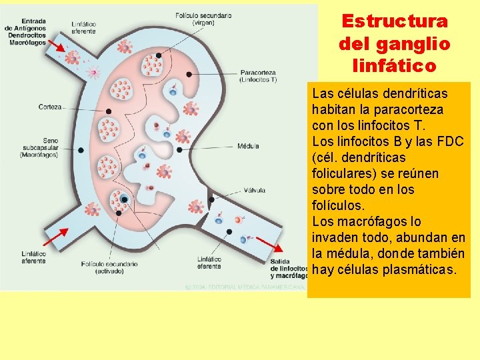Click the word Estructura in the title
pos(395,21)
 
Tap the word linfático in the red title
pos(395,66)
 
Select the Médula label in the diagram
pos(248,146)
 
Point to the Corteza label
pos(50,107)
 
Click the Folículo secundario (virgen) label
pos(203,19)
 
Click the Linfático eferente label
pos(209,263)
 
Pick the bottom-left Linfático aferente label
pos(33,257)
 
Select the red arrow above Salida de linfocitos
pos(266,243)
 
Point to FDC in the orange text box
pos(450,141)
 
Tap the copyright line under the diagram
pos(243,286)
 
